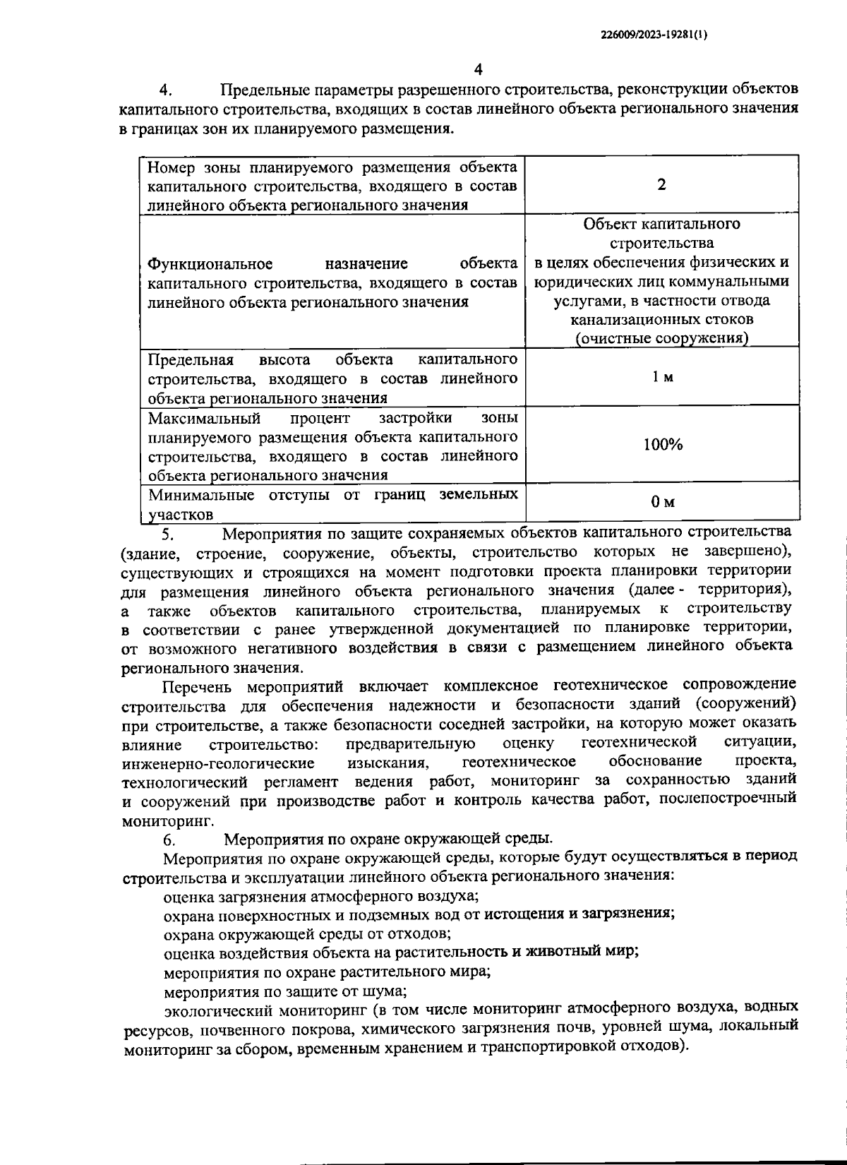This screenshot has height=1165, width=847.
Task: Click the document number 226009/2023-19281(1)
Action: pos(653,33)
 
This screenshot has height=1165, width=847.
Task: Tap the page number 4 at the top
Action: pos(478,69)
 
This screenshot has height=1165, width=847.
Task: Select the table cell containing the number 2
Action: pos(661,185)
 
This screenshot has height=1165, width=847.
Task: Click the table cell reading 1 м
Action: pos(662,377)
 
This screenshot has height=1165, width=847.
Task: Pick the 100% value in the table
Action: pos(662,444)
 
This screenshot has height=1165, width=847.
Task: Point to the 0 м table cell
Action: pos(662,502)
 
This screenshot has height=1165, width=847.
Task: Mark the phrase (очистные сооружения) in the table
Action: pos(661,338)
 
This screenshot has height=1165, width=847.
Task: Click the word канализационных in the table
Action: pos(620,320)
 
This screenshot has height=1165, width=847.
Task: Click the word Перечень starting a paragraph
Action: pos(200,686)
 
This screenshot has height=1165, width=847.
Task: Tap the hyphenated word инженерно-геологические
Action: pos(218,763)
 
